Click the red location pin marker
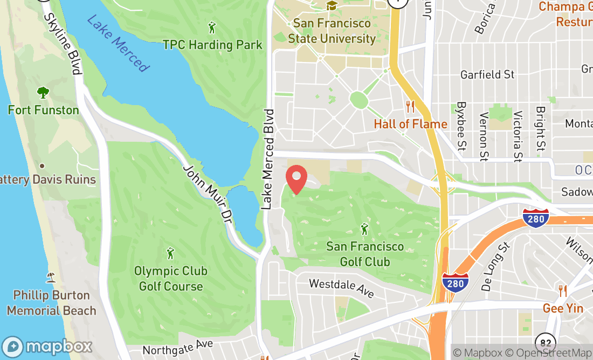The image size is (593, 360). click(x=296, y=180)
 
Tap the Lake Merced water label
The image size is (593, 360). click(x=117, y=43)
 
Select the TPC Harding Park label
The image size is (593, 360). click(x=212, y=45)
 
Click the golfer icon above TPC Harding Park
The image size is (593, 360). click(x=212, y=26)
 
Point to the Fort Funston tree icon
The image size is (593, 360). click(x=43, y=93)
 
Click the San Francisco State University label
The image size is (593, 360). click(x=332, y=31)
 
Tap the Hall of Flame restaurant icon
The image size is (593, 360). click(x=410, y=106)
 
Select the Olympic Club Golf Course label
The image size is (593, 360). click(x=171, y=279)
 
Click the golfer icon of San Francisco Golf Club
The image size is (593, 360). click(x=364, y=229)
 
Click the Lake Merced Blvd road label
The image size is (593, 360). click(x=267, y=160)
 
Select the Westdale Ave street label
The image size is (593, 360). click(x=341, y=288)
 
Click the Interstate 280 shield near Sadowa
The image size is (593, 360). click(x=535, y=217)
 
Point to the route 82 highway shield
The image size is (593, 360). click(x=546, y=342)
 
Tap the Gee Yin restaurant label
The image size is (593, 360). click(x=563, y=308)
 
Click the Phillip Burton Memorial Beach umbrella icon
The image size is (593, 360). click(x=51, y=277)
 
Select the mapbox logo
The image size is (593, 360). click(x=47, y=346)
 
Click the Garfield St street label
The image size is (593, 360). click(x=487, y=74)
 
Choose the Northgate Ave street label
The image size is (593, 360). click(x=178, y=347)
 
